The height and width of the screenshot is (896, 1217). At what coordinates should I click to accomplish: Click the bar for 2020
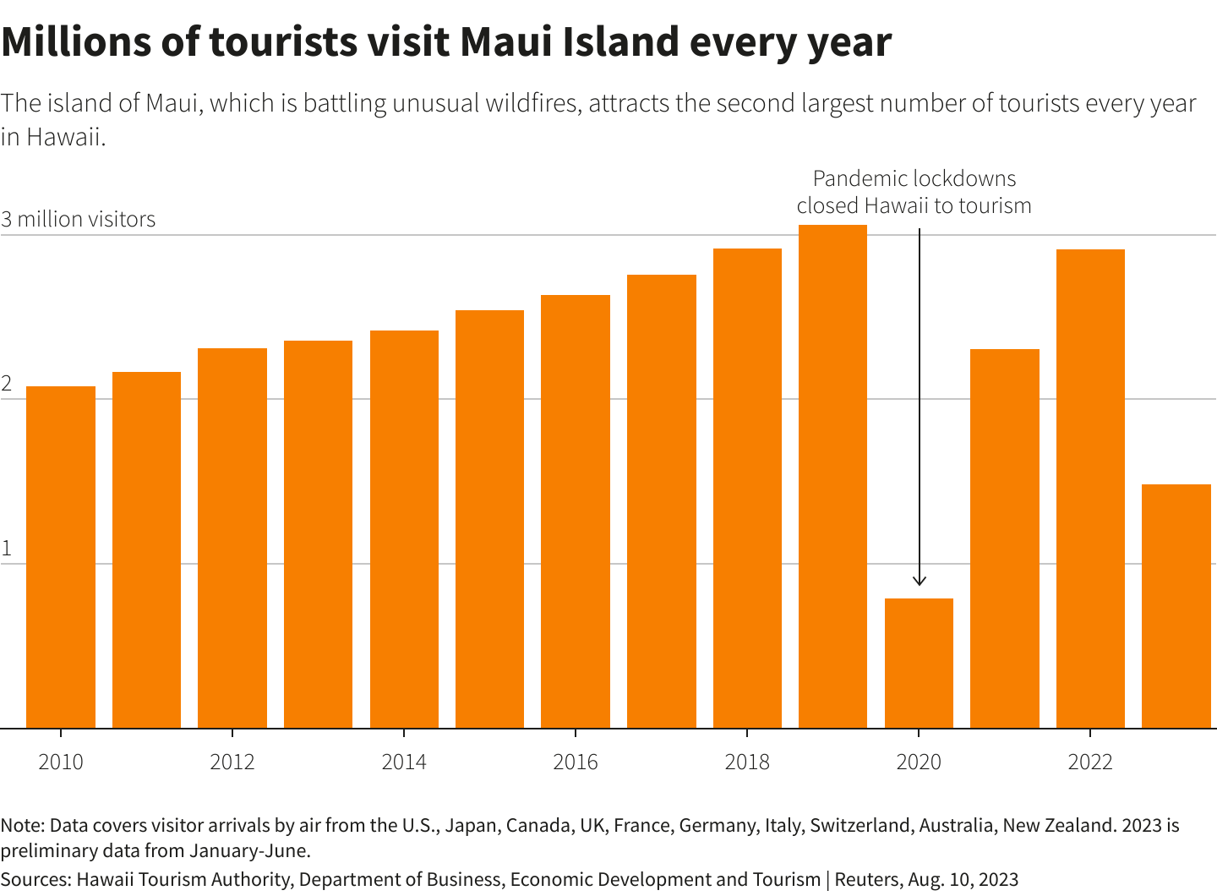pos(919,663)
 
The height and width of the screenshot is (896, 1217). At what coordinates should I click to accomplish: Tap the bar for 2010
pos(61,557)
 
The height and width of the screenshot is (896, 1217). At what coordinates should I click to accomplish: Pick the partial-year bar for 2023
pos(1176,606)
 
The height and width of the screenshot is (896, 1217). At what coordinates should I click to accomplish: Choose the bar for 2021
pos(1004,538)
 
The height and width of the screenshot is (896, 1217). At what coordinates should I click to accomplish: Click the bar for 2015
pos(489,519)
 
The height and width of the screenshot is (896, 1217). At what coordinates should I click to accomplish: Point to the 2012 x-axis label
pos(232,762)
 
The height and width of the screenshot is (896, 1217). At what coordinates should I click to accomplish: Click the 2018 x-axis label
pos(747,762)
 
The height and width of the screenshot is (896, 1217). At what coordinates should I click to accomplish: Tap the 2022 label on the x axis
pos(1090,762)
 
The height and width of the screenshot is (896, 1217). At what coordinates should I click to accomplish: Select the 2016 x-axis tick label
pos(576,762)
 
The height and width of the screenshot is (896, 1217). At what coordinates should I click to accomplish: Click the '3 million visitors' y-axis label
pos(78,220)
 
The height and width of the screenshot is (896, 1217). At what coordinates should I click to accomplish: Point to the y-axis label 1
pos(7,549)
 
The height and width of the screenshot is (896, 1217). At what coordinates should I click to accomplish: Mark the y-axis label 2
pos(7,385)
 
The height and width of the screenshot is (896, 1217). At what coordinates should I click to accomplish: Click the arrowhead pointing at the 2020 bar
pos(920,582)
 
